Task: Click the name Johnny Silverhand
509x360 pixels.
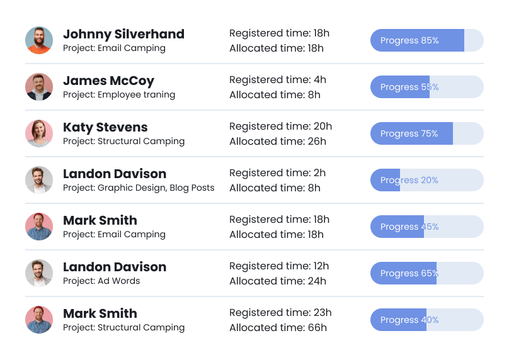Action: coord(123,34)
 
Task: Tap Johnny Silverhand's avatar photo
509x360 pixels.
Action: coord(39,40)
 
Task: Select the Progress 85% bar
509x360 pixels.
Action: coord(426,40)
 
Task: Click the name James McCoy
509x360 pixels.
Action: coord(108,81)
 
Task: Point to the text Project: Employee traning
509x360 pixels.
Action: coord(119,94)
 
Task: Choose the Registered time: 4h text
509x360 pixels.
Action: coord(277,80)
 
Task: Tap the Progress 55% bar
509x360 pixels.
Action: coord(426,87)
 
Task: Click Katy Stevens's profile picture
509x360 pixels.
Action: coord(39,133)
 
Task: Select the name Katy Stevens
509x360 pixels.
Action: coord(105,127)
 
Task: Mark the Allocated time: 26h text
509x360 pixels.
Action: coord(277,141)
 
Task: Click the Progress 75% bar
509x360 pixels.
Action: coord(426,133)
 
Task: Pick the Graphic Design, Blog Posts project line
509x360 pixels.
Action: coord(139,188)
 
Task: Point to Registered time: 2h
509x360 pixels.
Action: coord(277,173)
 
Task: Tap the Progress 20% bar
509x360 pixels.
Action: coord(426,180)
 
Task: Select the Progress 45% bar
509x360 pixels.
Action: coord(426,227)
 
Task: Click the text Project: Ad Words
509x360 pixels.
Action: coord(101,281)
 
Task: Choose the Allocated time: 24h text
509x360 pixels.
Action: coord(277,281)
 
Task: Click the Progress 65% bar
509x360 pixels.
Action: coord(426,273)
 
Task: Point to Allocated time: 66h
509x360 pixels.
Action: coord(277,327)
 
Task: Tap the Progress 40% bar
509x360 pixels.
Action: coord(426,320)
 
